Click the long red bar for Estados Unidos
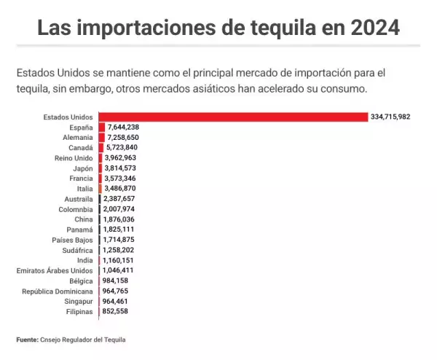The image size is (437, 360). click(233, 117)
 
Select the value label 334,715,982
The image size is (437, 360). click(390, 117)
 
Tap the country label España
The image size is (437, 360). click(80, 127)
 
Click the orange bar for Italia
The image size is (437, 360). click(100, 188)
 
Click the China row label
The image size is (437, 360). click(83, 219)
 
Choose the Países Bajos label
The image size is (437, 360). click(72, 239)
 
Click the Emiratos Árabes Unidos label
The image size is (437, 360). click(55, 270)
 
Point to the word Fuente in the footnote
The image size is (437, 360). click(28, 339)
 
